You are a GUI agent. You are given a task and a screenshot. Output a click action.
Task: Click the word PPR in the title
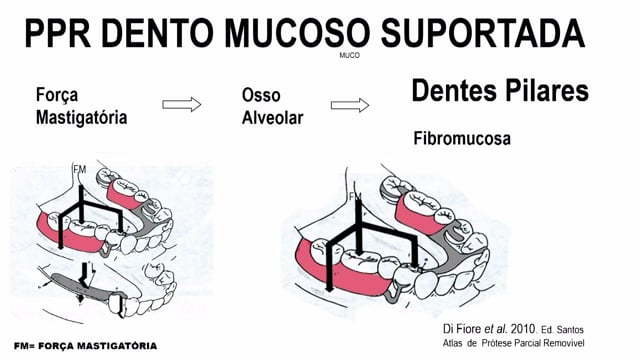click(58, 33)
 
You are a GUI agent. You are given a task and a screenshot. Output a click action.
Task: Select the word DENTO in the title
click(158, 33)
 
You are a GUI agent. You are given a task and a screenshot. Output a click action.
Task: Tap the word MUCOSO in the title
click(298, 33)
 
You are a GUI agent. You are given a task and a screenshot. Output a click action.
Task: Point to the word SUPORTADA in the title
click(483, 33)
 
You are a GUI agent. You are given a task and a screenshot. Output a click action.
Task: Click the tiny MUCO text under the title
click(349, 55)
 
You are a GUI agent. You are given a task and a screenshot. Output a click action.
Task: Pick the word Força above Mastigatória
click(57, 96)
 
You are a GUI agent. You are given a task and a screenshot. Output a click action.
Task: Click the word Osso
click(261, 96)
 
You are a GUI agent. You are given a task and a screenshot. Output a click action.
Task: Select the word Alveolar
click(273, 118)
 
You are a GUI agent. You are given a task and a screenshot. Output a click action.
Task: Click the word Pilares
click(545, 90)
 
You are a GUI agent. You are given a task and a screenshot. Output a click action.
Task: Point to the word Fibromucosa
click(462, 139)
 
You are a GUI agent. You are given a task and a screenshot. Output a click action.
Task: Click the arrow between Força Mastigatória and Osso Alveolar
click(182, 104)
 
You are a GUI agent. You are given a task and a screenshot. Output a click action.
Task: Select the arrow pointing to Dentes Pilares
click(350, 105)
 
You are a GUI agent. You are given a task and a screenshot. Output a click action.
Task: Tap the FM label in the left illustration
click(80, 169)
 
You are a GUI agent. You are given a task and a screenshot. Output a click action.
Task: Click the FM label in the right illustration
click(356, 197)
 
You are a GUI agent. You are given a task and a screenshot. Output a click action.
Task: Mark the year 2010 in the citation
click(523, 329)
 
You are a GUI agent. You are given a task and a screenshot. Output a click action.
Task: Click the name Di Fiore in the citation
click(462, 329)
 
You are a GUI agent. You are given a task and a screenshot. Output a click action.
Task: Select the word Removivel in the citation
click(565, 343)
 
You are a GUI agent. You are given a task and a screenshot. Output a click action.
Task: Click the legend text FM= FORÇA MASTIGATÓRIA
click(85, 346)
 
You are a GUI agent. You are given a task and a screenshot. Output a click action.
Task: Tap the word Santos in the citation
click(570, 330)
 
